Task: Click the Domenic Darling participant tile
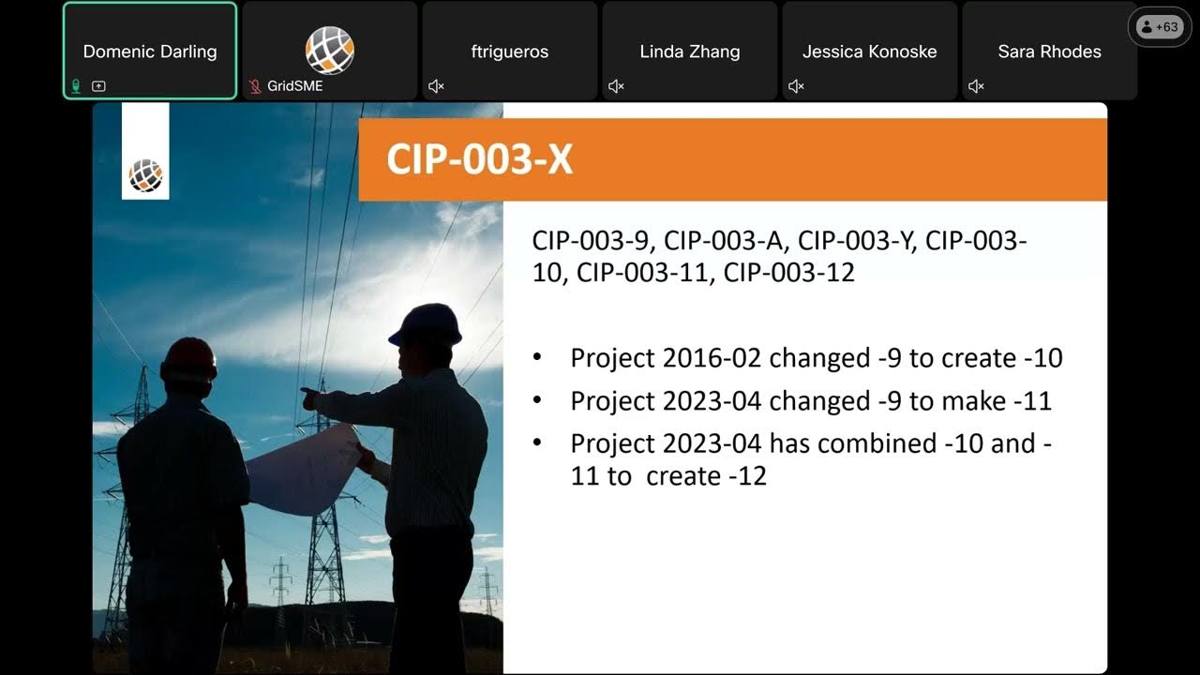150,52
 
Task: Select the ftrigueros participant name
509,52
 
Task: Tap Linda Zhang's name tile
689,52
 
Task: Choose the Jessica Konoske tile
869,52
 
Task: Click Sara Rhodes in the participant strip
1049,52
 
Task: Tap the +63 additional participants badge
1160,27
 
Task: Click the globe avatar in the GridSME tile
329,50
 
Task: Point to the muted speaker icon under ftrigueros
436,86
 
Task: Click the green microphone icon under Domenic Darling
76,86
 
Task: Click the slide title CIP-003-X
479,159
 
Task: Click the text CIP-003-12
789,274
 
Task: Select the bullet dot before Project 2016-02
536,358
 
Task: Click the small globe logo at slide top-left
145,174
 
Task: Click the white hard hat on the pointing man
427,323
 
